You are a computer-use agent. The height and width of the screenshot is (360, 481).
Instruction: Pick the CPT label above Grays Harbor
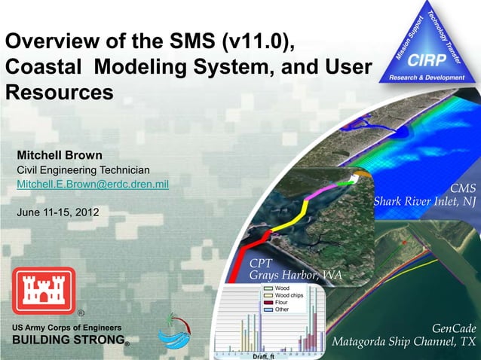[x=261, y=264]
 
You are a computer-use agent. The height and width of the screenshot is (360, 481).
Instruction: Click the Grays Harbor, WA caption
[x=296, y=276]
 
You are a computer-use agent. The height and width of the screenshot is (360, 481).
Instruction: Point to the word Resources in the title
[x=60, y=93]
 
